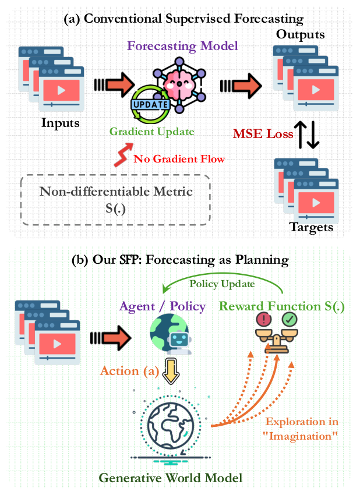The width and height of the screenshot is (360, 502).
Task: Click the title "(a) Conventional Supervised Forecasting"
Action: tap(183, 19)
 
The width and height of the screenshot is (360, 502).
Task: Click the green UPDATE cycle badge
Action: tap(151, 105)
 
